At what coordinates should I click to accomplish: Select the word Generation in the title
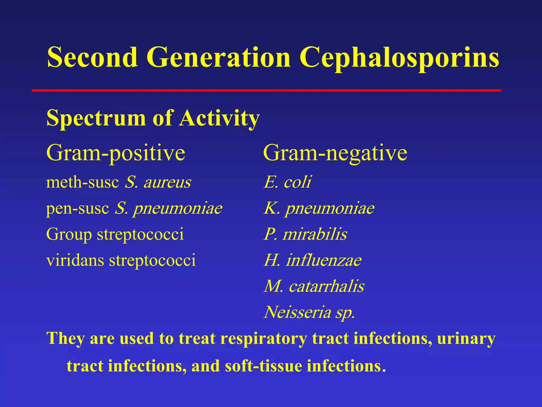coord(219,57)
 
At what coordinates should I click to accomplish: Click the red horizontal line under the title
coord(266,91)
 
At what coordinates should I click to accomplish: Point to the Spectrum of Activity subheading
coord(153,118)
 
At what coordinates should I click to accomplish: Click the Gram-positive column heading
coord(116,153)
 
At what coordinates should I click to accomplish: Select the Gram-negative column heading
coord(335,153)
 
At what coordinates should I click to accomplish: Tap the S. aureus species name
coord(158,182)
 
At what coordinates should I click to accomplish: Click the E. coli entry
coord(287,182)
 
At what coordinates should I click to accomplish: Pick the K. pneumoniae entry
coord(319,208)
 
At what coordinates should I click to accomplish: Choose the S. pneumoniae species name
coord(169,208)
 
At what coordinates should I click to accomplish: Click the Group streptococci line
coord(115,234)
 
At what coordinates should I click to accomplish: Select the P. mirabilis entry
coord(305,234)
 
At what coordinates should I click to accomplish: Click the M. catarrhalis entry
coord(314,286)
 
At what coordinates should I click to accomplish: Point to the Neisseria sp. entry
coord(309,312)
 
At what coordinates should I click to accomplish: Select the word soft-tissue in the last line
coord(264,366)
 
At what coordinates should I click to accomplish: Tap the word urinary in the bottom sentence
coord(466,339)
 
